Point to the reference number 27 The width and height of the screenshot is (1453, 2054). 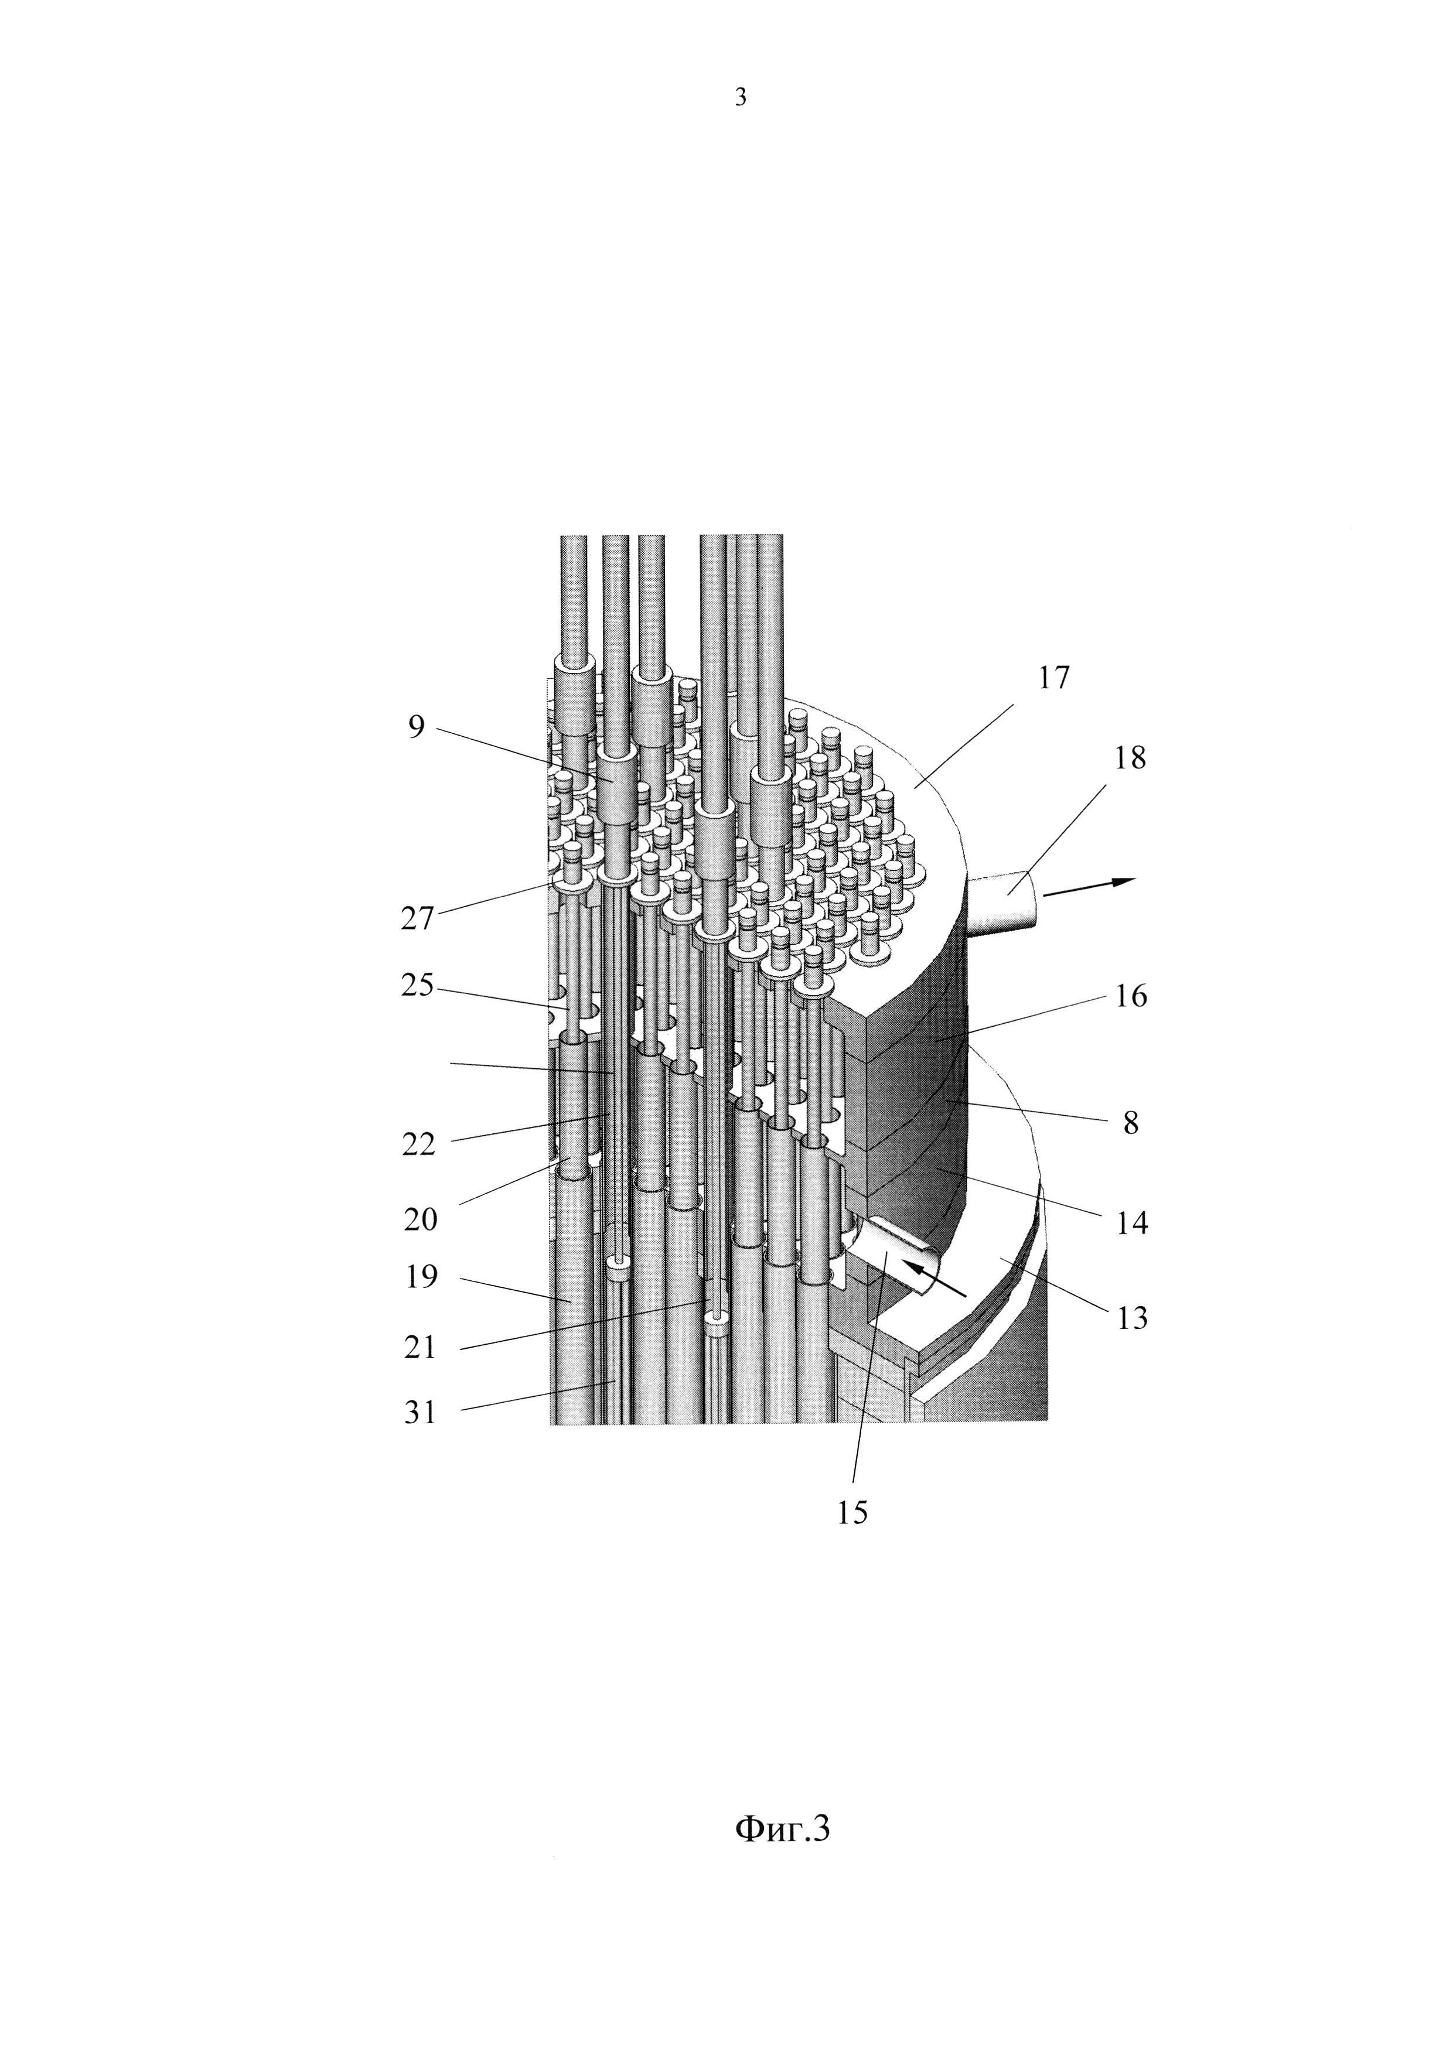[x=417, y=919]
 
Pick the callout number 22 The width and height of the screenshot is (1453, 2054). [x=419, y=1144]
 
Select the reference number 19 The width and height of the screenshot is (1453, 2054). [x=421, y=1277]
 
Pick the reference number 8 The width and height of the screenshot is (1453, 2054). [x=1131, y=1123]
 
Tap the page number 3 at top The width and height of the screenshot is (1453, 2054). [x=740, y=97]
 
